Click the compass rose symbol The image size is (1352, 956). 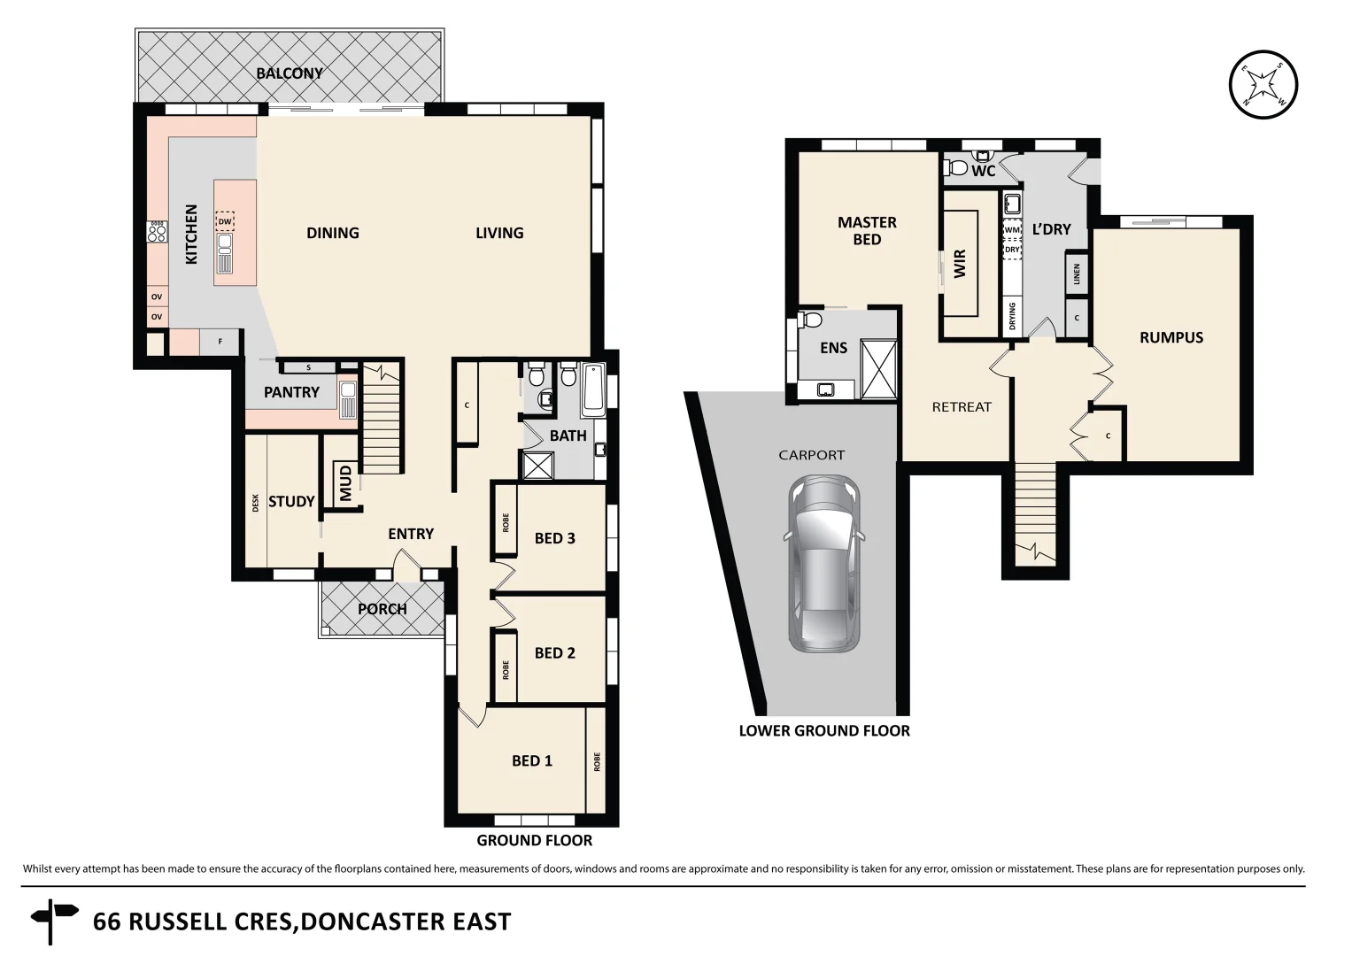click(x=1263, y=85)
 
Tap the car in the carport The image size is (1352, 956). click(x=824, y=563)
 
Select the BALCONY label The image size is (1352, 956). click(x=290, y=73)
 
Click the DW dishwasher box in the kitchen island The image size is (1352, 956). click(x=225, y=221)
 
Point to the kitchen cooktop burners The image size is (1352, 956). click(x=157, y=232)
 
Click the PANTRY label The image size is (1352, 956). click(x=291, y=392)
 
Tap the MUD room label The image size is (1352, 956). click(x=345, y=482)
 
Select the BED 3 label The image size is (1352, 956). click(x=554, y=538)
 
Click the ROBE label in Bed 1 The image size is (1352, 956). click(x=597, y=761)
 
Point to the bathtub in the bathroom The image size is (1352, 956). click(x=593, y=390)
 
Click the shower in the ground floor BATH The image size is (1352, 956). click(x=538, y=466)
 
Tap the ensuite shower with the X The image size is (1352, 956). click(x=878, y=370)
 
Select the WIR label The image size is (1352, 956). click(x=960, y=264)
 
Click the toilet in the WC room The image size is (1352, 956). click(x=958, y=166)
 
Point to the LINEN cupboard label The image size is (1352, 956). click(x=1077, y=274)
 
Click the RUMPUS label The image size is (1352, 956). click(x=1170, y=337)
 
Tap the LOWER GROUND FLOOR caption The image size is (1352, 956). click(x=824, y=730)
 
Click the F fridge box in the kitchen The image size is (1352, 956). click(x=220, y=342)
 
